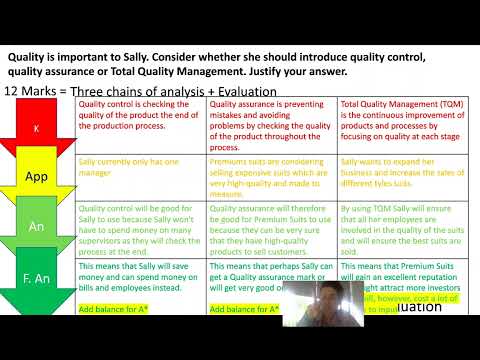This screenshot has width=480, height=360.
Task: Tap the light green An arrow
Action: tap(36, 227)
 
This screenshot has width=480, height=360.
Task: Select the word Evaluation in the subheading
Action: tap(236, 91)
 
